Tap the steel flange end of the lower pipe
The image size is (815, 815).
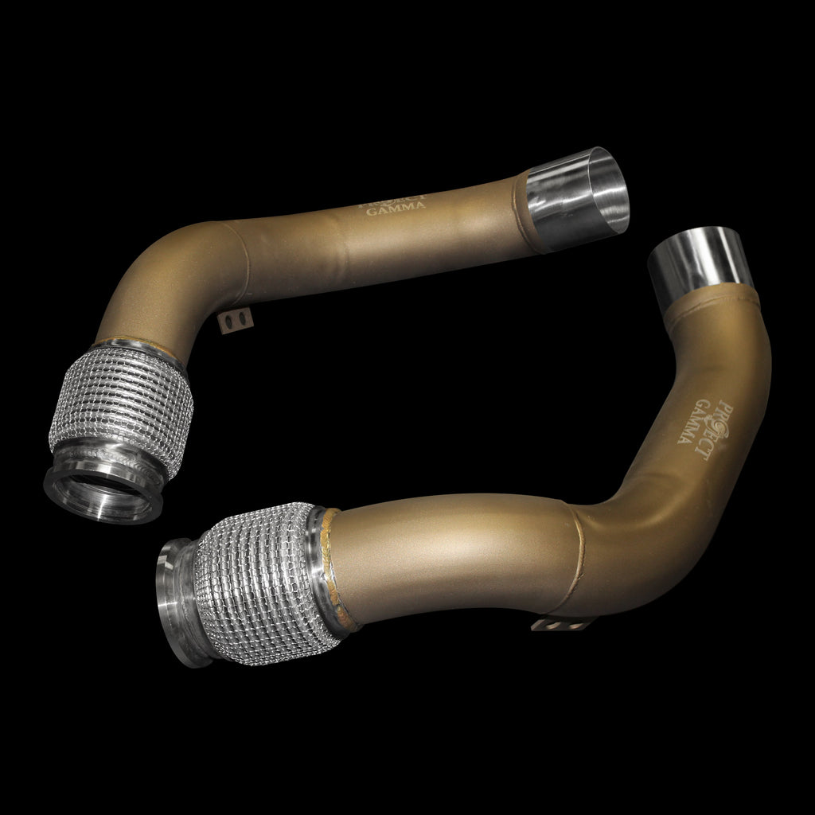[182, 601]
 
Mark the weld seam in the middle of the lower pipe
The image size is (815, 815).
[580, 557]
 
